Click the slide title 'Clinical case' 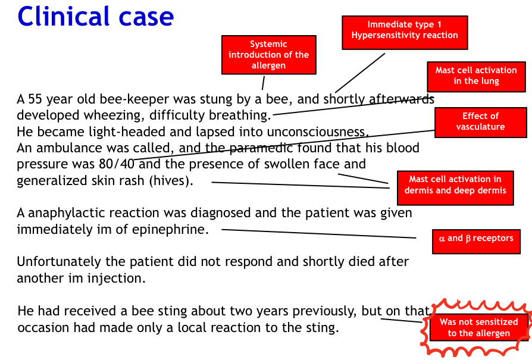[96, 16]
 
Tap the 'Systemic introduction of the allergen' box [268, 55]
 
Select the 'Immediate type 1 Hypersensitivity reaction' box [405, 30]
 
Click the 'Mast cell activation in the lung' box [476, 76]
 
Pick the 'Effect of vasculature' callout [480, 121]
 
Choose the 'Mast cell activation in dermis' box [455, 185]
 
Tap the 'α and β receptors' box [476, 238]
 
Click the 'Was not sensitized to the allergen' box [478, 327]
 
